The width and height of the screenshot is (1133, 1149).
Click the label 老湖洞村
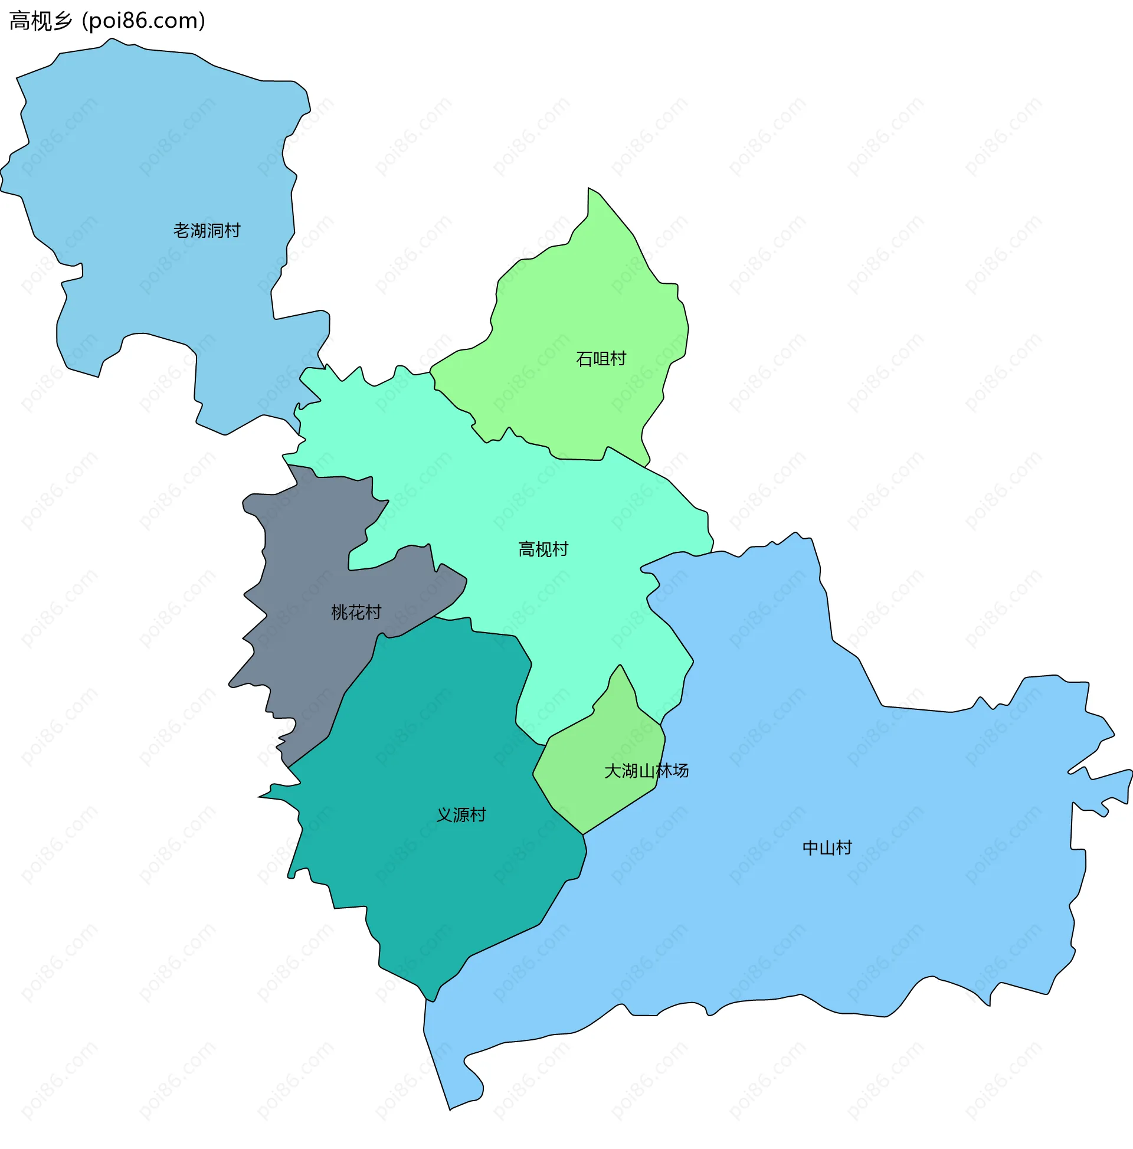point(207,230)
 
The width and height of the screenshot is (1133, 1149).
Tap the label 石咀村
point(601,359)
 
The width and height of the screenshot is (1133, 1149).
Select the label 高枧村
point(543,549)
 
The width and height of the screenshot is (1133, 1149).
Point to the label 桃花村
point(356,612)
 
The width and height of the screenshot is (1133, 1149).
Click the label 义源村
point(461,814)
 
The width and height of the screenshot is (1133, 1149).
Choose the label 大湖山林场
point(646,771)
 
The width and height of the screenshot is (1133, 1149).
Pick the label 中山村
point(827,847)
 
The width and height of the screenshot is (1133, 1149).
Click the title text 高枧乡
point(41,21)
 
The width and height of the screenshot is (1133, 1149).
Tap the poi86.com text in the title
point(143,21)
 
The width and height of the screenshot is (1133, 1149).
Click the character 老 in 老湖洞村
point(181,230)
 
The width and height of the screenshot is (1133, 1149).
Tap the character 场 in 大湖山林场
point(680,771)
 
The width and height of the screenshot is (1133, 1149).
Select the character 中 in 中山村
point(811,847)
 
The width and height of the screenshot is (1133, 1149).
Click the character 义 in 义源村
point(444,814)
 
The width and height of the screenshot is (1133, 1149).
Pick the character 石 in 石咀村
point(584,359)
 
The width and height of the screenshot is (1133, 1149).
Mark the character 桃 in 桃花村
point(339,612)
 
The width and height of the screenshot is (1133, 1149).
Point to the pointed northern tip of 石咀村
point(589,189)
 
